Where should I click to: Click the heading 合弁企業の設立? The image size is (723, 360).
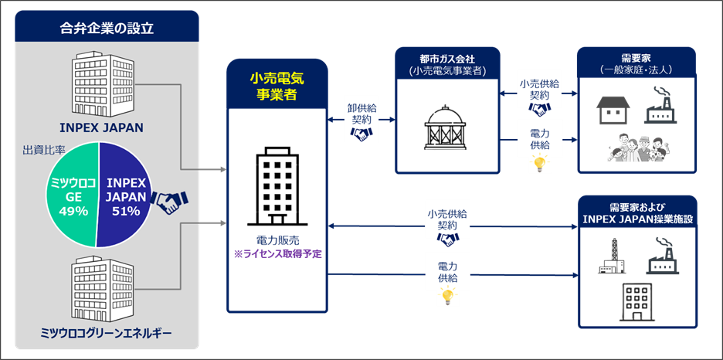107,29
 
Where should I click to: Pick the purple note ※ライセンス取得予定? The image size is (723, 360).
278,254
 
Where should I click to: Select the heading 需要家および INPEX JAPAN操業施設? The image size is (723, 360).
636,213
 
